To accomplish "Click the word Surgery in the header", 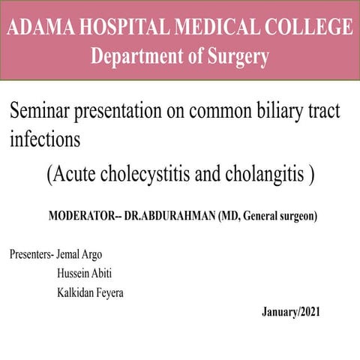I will (x=234, y=56).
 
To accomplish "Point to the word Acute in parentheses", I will (x=74, y=175).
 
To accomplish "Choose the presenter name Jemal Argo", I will (x=79, y=253).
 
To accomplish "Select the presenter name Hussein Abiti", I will (x=84, y=273).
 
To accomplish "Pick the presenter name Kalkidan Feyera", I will (x=91, y=292).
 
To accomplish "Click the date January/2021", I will (x=291, y=311).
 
